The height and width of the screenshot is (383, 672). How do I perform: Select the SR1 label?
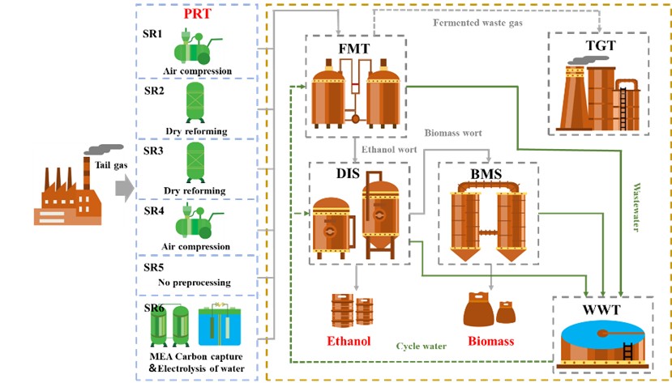click(154, 36)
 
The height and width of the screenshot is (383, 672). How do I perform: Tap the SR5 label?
click(154, 266)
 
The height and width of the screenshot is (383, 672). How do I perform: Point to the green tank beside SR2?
click(195, 101)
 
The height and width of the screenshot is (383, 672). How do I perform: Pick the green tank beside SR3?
click(195, 162)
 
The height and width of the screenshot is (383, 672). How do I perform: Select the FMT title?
click(353, 49)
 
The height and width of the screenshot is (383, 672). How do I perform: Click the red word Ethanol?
click(349, 341)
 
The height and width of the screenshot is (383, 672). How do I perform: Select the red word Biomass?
click(490, 341)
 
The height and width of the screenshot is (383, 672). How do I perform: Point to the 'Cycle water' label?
click(422, 346)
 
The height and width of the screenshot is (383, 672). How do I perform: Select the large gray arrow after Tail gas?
click(124, 189)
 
